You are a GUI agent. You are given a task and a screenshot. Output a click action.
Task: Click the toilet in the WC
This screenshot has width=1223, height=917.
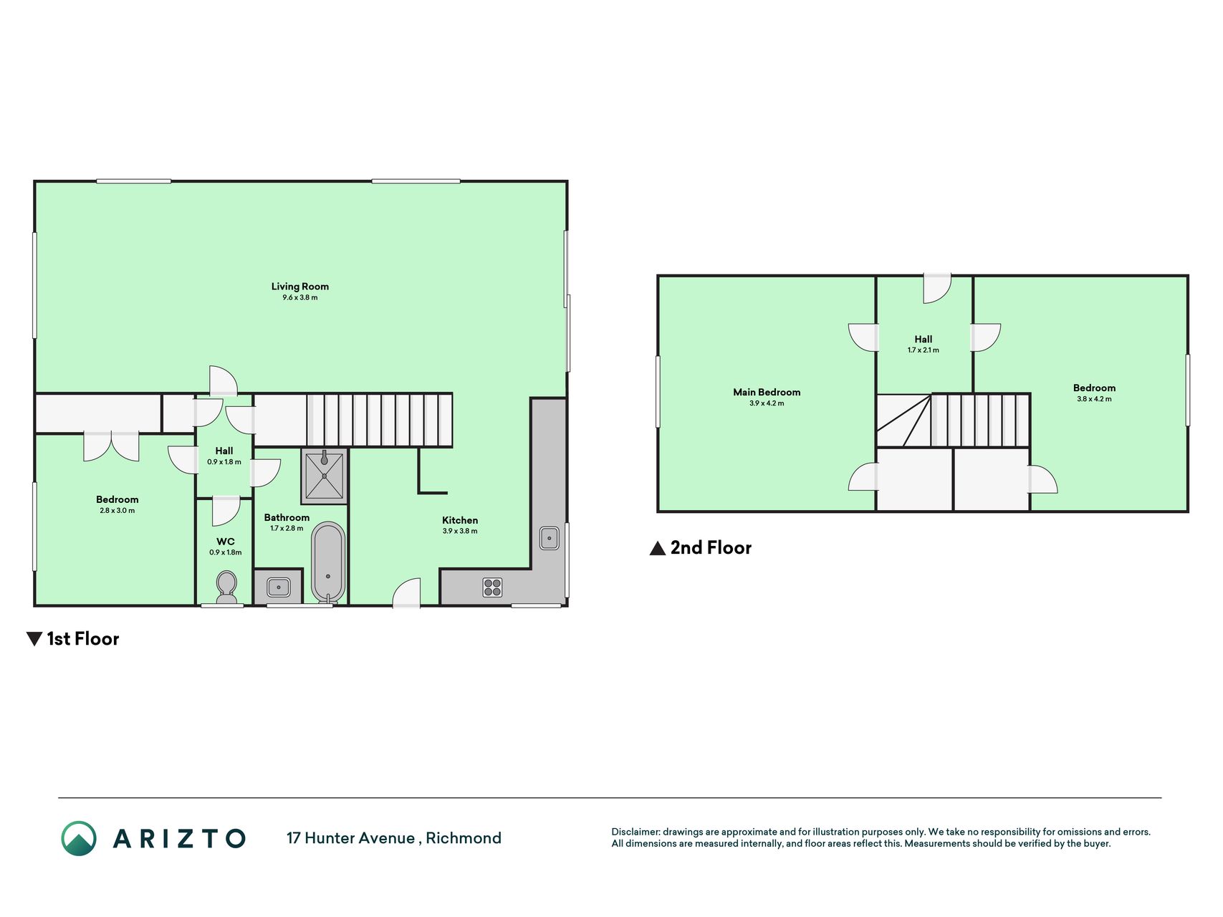(226, 587)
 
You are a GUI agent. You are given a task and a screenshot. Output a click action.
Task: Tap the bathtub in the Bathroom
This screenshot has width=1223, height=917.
(328, 562)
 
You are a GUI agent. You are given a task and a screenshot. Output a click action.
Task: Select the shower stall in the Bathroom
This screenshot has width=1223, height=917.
(325, 476)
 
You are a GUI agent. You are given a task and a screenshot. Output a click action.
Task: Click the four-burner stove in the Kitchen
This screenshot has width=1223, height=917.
(492, 587)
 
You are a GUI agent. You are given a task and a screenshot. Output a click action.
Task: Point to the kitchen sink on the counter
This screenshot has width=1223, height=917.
(550, 537)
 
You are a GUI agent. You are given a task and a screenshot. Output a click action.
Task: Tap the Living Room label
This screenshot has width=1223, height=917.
(300, 287)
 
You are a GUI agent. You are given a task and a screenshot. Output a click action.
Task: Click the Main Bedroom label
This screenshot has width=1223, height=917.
(767, 392)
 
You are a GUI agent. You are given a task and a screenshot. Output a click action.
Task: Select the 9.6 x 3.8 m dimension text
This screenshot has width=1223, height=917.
(300, 297)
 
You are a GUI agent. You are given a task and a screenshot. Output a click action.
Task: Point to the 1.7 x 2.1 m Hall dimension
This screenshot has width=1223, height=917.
(924, 350)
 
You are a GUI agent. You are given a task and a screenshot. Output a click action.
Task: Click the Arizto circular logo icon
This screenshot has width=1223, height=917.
(79, 838)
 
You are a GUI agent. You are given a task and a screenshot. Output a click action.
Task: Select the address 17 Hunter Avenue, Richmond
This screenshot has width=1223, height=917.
(394, 838)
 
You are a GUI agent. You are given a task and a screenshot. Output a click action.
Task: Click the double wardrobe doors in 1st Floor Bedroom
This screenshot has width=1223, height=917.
(111, 446)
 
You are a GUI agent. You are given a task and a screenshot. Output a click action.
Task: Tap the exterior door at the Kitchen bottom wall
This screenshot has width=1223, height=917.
(406, 593)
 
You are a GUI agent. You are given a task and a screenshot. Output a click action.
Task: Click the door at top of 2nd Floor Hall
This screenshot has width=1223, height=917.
(937, 288)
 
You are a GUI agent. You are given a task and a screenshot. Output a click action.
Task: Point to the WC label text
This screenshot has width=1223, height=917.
(226, 542)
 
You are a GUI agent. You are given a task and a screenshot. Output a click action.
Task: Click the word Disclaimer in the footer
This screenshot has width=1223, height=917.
(635, 832)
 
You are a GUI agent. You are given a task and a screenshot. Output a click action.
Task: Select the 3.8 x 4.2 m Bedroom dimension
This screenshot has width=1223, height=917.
(1095, 399)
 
